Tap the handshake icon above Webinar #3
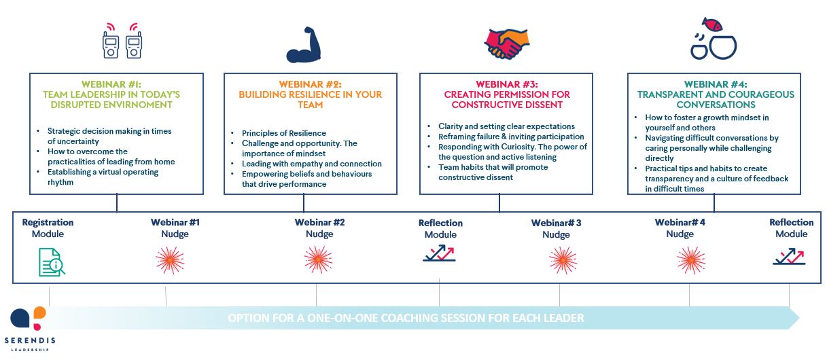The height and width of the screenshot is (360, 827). pyautogui.click(x=506, y=44)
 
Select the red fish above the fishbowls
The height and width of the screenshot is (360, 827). pyautogui.click(x=713, y=24)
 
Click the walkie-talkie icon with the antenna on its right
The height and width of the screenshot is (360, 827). pyautogui.click(x=134, y=45)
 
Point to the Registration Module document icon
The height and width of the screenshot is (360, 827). pyautogui.click(x=52, y=262)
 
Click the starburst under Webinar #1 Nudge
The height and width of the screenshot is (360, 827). pyautogui.click(x=170, y=260)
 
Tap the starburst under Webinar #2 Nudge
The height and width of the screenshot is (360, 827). pyautogui.click(x=318, y=259)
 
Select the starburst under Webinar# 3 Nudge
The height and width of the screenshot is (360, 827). pyautogui.click(x=563, y=260)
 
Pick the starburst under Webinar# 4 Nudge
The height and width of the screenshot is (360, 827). pyautogui.click(x=691, y=260)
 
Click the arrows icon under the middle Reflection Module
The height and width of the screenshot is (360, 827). pyautogui.click(x=439, y=253)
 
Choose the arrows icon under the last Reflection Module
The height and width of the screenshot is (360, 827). pyautogui.click(x=789, y=256)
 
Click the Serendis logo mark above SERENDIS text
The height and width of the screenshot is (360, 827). pyautogui.click(x=29, y=318)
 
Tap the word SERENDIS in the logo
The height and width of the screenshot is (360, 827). pyautogui.click(x=30, y=340)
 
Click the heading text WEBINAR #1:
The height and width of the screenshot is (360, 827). pyautogui.click(x=111, y=84)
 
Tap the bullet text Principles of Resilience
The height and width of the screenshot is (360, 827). pyautogui.click(x=284, y=133)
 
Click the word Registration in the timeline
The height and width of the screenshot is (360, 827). pyautogui.click(x=48, y=222)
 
